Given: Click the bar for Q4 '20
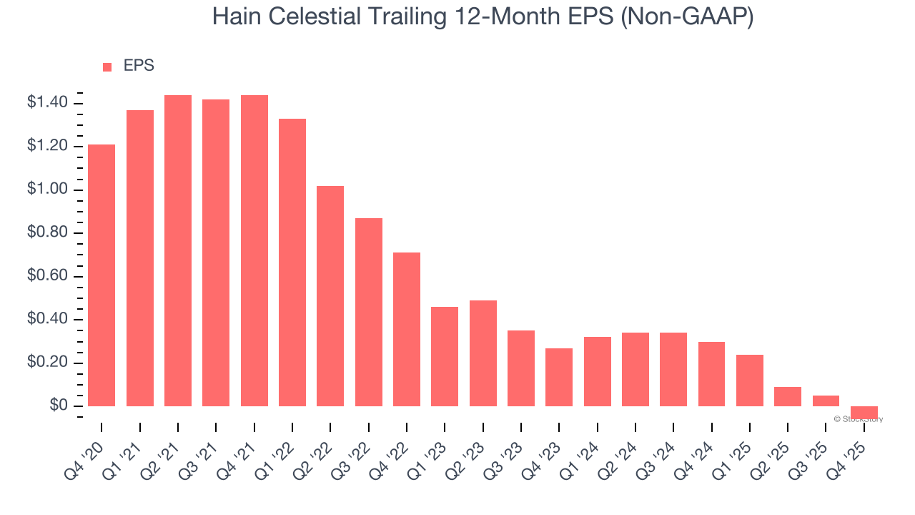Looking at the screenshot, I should (x=102, y=275).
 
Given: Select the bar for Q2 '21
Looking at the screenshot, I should (x=178, y=250).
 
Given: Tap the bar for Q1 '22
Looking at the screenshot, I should (x=292, y=263).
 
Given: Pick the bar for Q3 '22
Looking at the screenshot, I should (x=369, y=312).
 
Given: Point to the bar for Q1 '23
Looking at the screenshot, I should (x=445, y=356).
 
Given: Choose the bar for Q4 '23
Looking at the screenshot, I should (x=559, y=377).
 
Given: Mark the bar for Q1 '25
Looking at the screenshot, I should (x=750, y=381).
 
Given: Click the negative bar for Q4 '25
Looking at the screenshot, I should (x=864, y=412).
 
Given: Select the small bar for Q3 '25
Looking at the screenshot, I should (x=826, y=401).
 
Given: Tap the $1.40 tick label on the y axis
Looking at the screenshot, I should (x=47, y=103).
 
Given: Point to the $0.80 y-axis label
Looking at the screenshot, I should (x=47, y=233).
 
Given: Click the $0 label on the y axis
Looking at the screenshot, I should (x=59, y=406).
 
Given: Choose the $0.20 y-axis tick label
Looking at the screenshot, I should (x=47, y=363).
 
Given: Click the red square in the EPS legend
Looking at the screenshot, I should (x=107, y=67).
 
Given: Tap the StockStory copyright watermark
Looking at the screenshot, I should (x=858, y=419).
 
